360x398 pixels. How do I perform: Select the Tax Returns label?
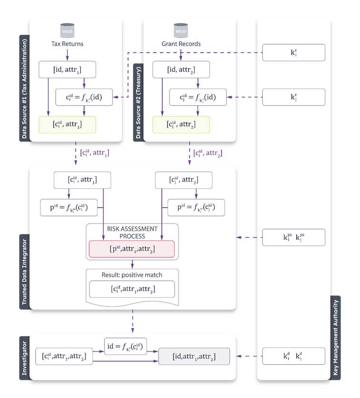[67, 44]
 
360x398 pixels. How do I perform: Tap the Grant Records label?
[181, 44]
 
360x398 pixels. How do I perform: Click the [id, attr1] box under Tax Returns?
[67, 70]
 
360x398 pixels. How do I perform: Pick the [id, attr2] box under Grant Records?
[180, 70]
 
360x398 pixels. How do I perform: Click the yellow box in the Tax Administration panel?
[67, 124]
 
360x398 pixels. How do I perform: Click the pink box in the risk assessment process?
[132, 249]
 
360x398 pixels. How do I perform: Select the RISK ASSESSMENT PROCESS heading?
[132, 232]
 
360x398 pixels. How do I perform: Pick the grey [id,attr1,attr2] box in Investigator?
[194, 357]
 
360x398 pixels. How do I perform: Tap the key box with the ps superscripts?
[294, 237]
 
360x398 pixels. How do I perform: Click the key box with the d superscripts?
[294, 356]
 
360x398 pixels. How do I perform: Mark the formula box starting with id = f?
[125, 346]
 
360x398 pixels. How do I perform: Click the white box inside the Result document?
[132, 289]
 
